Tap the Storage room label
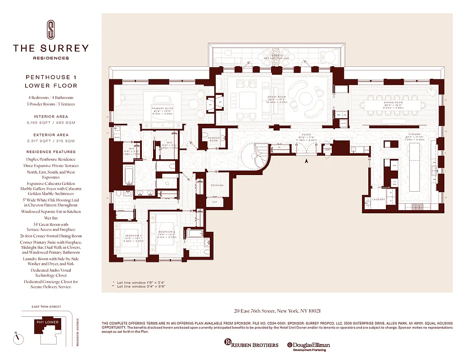pos(217,185)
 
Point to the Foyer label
pos(307,135)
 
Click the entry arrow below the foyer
pos(307,161)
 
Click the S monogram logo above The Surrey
pos(50,30)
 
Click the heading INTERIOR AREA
pos(51,117)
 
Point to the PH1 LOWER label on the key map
pos(47,322)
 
